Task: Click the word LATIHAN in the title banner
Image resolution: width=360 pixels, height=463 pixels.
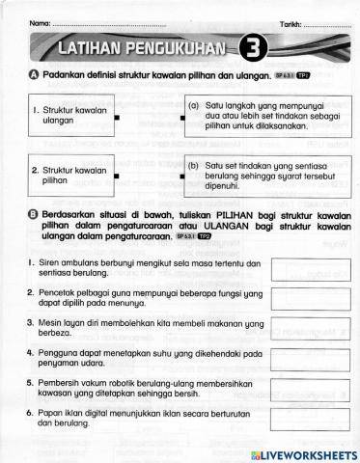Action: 96,47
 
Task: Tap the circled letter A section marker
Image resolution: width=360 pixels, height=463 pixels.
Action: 35,75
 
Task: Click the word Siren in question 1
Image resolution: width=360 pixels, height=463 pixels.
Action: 49,263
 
